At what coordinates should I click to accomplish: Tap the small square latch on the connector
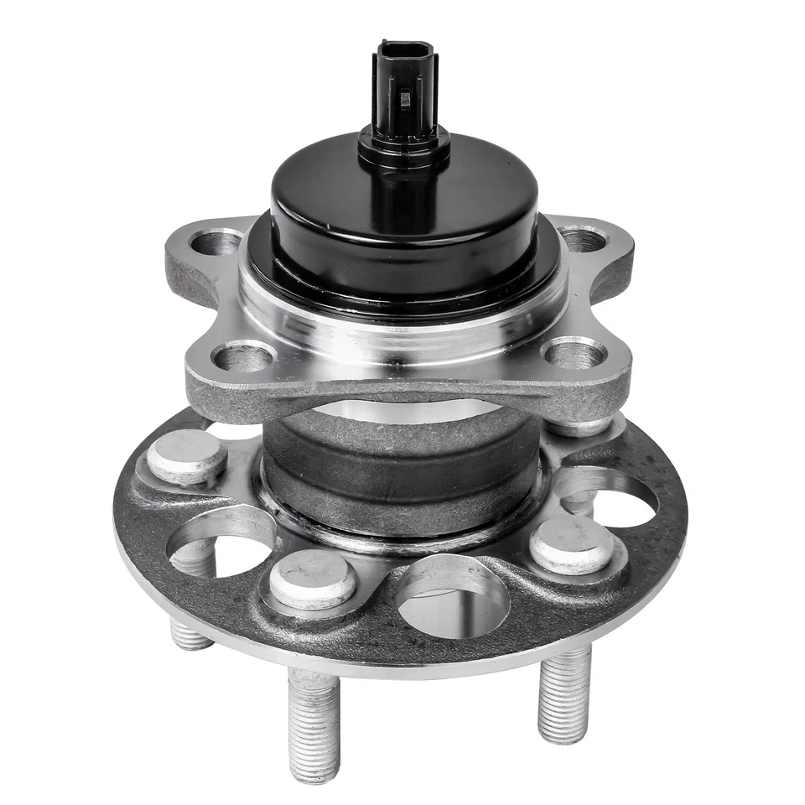[405, 100]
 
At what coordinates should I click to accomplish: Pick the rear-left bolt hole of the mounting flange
[216, 243]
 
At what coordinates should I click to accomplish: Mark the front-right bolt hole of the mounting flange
[575, 352]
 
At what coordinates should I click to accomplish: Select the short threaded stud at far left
[191, 634]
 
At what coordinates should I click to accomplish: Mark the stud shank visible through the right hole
[579, 503]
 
